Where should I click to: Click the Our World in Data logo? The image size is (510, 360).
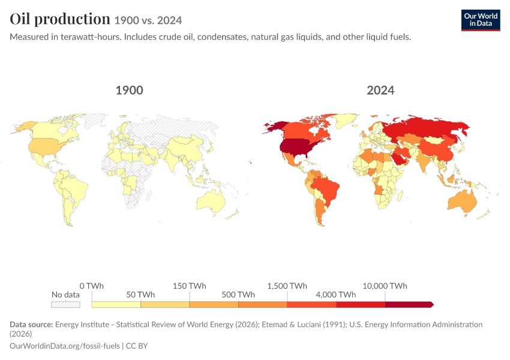[x=481, y=20]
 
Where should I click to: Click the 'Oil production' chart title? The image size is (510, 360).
[x=60, y=19]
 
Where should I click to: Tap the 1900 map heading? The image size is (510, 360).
[x=129, y=90]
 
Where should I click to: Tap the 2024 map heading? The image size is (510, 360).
[x=380, y=90]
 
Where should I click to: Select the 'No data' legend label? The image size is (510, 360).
[x=65, y=295]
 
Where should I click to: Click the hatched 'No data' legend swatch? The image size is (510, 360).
[x=65, y=304]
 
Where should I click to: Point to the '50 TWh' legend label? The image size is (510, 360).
[x=140, y=295]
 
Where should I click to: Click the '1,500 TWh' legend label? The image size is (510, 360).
[x=287, y=286]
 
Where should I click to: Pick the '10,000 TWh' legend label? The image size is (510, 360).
[x=385, y=286]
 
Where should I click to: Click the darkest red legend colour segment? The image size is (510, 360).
[x=409, y=304]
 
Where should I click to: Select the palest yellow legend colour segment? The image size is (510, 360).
[x=116, y=304]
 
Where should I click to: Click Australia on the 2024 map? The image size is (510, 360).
[x=462, y=200]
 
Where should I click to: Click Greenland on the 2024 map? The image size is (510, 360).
[x=346, y=121]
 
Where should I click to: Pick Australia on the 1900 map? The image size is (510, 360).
[x=211, y=200]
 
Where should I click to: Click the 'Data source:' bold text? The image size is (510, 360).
[x=31, y=324]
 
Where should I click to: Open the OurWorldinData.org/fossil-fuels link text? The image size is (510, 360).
[x=65, y=346]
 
